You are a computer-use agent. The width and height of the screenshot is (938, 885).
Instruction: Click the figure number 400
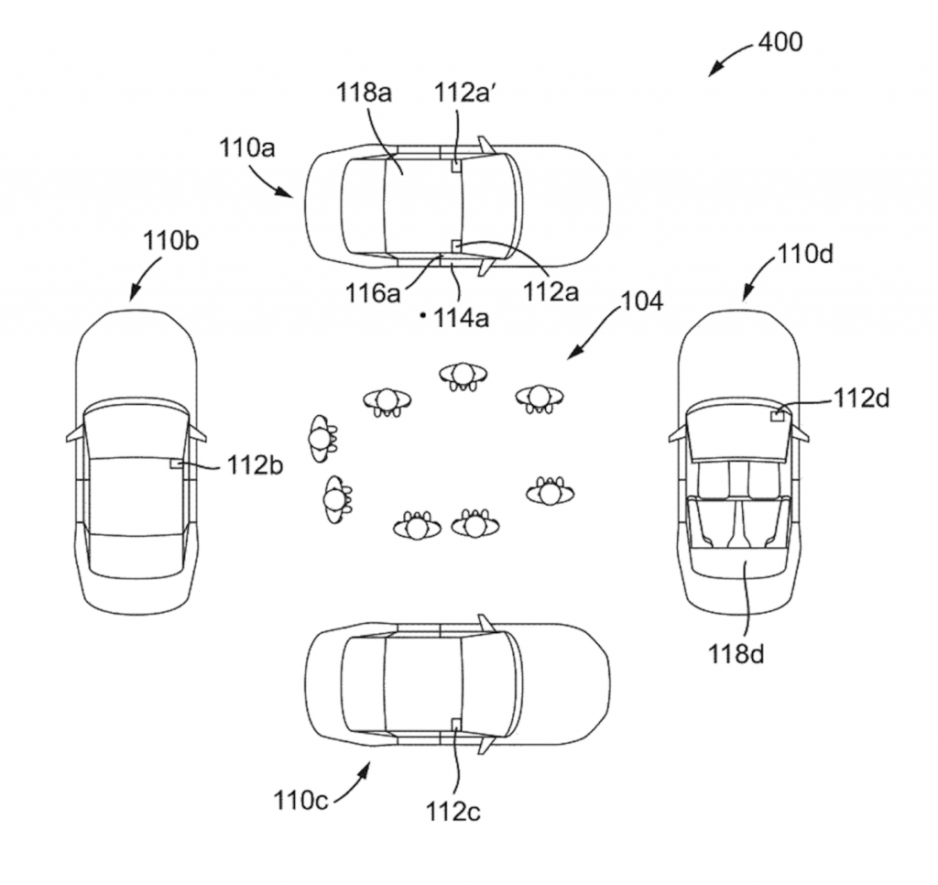[x=780, y=42]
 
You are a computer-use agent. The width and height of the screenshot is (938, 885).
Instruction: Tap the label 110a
[x=247, y=147]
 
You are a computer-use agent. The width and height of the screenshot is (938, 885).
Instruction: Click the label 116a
[x=372, y=293]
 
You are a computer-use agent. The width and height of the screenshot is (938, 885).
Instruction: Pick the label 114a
[x=462, y=318]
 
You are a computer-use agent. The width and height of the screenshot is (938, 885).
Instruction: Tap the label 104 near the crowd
[x=642, y=301]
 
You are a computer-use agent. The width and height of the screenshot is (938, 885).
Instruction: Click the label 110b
[x=170, y=241]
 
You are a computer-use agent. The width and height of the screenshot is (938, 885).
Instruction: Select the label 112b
[x=255, y=464]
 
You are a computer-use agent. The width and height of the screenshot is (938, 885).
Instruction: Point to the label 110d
[x=805, y=255]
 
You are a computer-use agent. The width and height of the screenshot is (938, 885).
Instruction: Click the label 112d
[x=862, y=398]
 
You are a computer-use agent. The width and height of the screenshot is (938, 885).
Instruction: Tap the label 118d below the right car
[x=736, y=654]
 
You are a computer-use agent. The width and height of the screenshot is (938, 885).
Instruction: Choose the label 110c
[x=300, y=800]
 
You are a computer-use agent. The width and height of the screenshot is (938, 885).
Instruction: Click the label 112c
[x=453, y=812]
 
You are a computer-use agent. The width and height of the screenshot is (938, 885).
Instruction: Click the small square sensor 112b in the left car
[x=176, y=464]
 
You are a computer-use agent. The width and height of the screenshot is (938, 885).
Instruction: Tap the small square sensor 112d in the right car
[x=777, y=416]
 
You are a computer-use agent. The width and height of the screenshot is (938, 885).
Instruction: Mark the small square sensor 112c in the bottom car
[x=456, y=724]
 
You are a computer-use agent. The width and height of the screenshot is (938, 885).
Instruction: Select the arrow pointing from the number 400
[x=730, y=58]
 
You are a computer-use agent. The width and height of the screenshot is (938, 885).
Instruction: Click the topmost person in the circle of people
[x=463, y=377]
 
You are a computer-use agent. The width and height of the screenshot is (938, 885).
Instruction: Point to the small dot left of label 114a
[x=423, y=314]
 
